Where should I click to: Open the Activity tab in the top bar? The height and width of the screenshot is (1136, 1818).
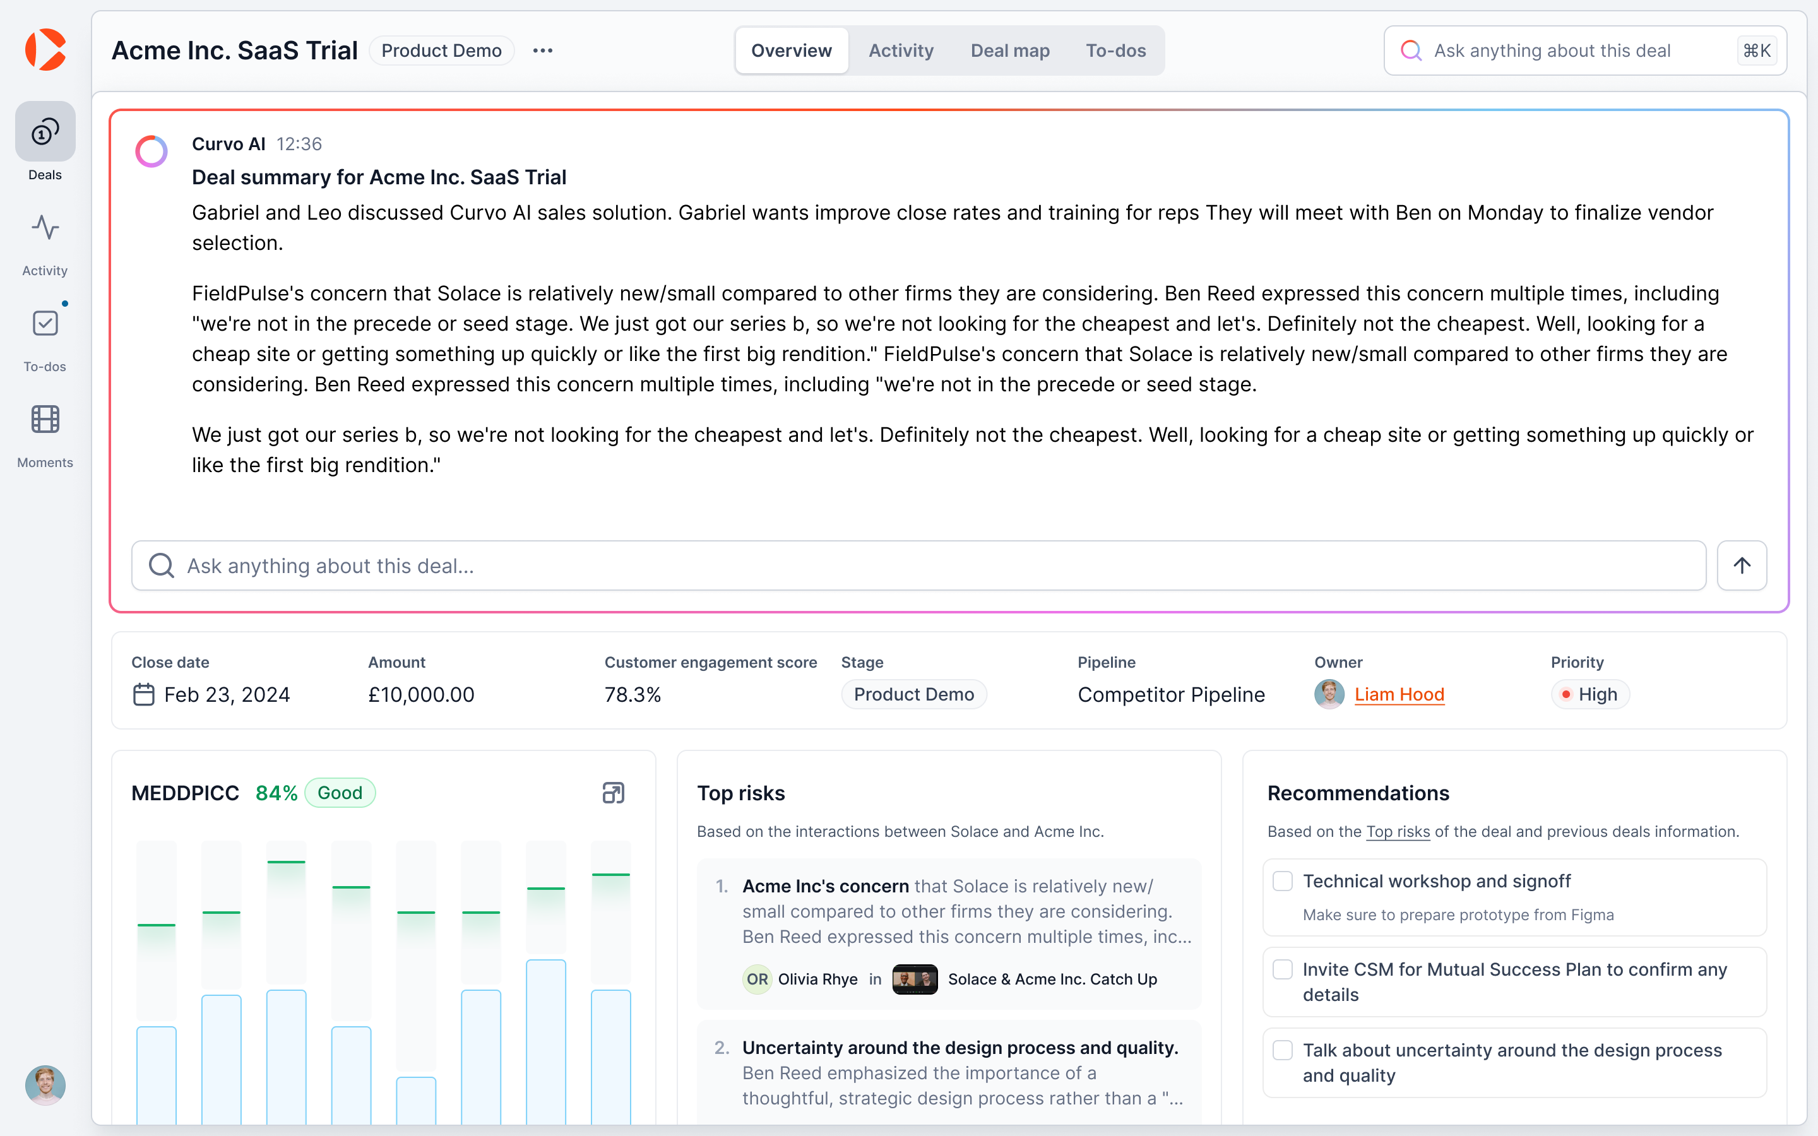(x=901, y=50)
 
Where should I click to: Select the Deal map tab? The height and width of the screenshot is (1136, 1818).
(x=1009, y=50)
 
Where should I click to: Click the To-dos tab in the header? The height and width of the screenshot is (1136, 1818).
(x=1115, y=50)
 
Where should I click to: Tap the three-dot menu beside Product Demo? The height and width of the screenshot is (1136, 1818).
(x=542, y=50)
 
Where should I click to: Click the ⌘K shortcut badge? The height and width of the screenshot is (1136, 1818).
(x=1756, y=50)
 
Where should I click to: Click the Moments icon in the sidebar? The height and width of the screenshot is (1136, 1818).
(x=45, y=419)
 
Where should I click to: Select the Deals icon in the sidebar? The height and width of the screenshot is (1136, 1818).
(x=45, y=133)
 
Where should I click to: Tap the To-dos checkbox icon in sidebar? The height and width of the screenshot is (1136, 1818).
(x=45, y=323)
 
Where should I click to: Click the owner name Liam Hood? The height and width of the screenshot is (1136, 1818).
(x=1399, y=694)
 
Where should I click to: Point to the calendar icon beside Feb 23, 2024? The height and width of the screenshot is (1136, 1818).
(x=143, y=694)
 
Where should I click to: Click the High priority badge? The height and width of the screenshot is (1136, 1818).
(x=1589, y=694)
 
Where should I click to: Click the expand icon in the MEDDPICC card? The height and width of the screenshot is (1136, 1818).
(x=613, y=793)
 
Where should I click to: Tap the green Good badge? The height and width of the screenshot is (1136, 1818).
(x=340, y=793)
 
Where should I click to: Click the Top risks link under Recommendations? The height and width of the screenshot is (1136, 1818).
(x=1398, y=832)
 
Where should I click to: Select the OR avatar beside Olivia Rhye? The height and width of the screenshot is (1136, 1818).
(x=756, y=979)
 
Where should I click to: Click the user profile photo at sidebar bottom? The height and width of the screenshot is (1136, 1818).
(x=45, y=1085)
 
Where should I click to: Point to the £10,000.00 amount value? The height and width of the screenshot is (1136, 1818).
(x=420, y=694)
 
